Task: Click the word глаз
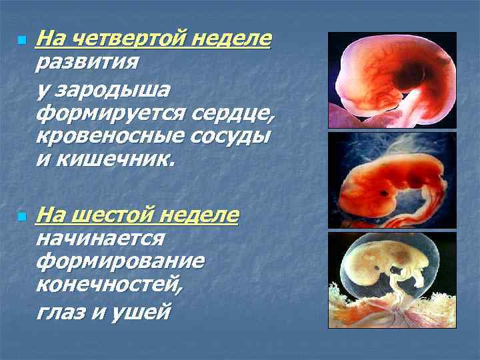point(62,311)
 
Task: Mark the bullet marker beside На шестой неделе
point(21,217)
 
